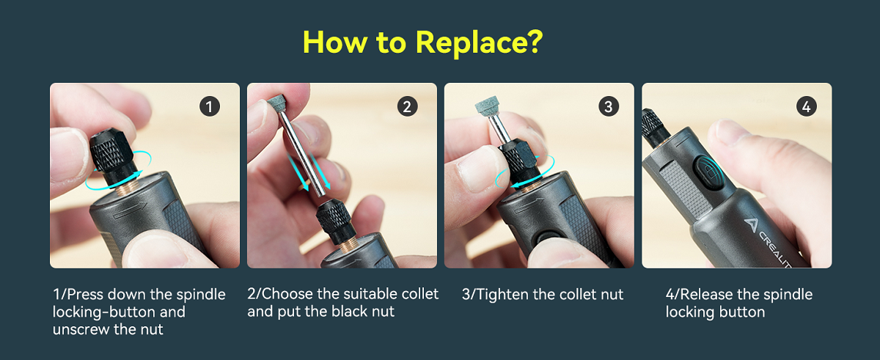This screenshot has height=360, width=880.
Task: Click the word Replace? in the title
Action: (480, 43)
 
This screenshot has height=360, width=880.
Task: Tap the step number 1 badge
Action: (210, 106)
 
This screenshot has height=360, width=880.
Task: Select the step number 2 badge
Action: (408, 106)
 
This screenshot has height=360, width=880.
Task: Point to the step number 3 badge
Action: (608, 106)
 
